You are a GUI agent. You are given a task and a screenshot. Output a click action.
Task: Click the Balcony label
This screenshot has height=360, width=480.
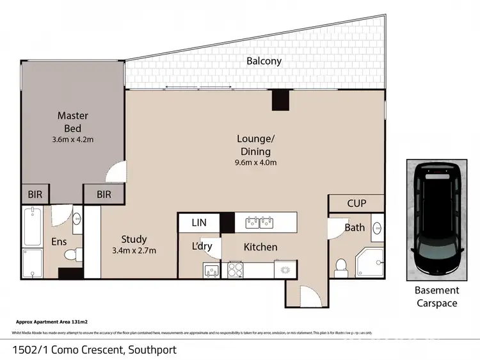click(x=264, y=61)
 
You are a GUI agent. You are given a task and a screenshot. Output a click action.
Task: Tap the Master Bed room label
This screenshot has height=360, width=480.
click(x=72, y=122)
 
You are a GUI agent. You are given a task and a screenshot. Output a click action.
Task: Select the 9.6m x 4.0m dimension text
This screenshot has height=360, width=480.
click(x=255, y=163)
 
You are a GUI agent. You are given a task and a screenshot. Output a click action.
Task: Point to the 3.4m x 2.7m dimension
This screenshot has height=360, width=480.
click(x=134, y=250)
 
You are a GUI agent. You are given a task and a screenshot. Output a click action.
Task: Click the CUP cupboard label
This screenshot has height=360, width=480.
click(x=356, y=204)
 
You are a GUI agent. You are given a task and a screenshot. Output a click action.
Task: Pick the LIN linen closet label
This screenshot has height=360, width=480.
click(x=198, y=223)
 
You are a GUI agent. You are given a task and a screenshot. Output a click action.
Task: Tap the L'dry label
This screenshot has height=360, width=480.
click(x=202, y=247)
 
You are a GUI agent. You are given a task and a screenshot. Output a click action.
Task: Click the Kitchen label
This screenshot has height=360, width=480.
click(x=260, y=247)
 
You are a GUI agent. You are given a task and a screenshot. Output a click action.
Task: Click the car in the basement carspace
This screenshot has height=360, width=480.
click(x=438, y=218)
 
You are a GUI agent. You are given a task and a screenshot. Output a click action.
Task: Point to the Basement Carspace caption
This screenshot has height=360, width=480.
click(x=438, y=297)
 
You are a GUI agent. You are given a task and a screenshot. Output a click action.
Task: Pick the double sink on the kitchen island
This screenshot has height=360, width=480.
click(x=259, y=223)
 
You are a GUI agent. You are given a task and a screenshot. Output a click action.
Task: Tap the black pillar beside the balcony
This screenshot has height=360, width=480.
click(x=280, y=100)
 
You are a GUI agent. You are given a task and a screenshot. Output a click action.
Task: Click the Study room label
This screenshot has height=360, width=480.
click(x=134, y=240)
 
